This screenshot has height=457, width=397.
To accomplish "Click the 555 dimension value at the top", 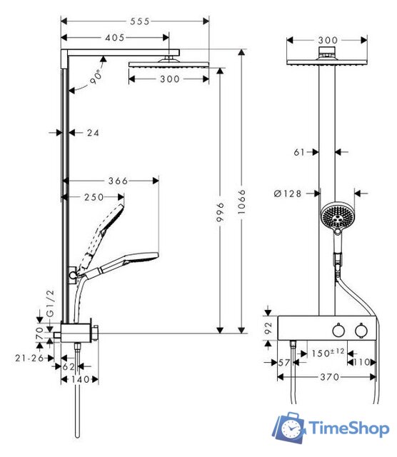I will tap(140, 21).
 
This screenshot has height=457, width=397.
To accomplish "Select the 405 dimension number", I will tap(114, 37).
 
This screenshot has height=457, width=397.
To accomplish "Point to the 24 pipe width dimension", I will tap(94, 132).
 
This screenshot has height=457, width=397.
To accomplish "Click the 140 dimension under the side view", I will tap(80, 380).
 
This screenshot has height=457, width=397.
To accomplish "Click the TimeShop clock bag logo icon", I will tap(290, 428).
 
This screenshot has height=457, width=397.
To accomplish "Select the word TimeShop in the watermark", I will tap(348, 428).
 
